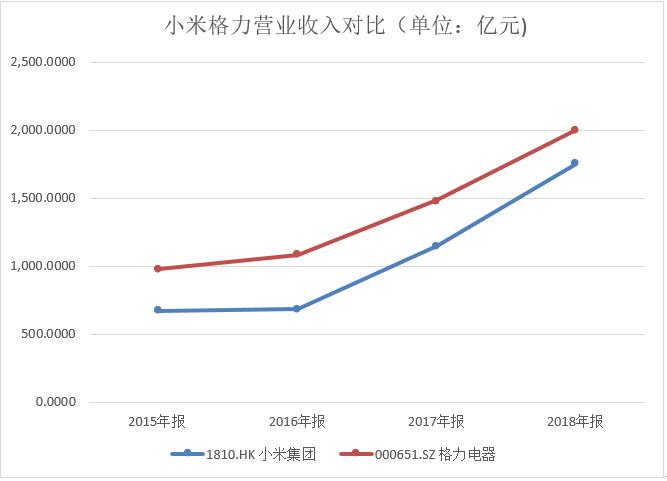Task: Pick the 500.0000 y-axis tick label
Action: coord(47,334)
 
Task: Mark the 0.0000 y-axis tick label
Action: coord(56,402)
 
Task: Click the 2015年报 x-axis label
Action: coord(157,421)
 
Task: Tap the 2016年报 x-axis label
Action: coord(297,421)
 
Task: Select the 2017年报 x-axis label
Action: coord(436,421)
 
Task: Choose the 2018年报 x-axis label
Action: coord(576,421)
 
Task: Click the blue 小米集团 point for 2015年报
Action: coord(158,310)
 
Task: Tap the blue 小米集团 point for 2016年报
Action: coord(297,309)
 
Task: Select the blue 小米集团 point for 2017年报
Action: coord(436,246)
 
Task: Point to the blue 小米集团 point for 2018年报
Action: coord(575,163)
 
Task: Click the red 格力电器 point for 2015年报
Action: coord(158,269)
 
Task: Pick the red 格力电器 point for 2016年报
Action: coord(297,254)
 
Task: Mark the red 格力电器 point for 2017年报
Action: coord(436,200)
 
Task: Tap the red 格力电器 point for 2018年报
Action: coord(575,130)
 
